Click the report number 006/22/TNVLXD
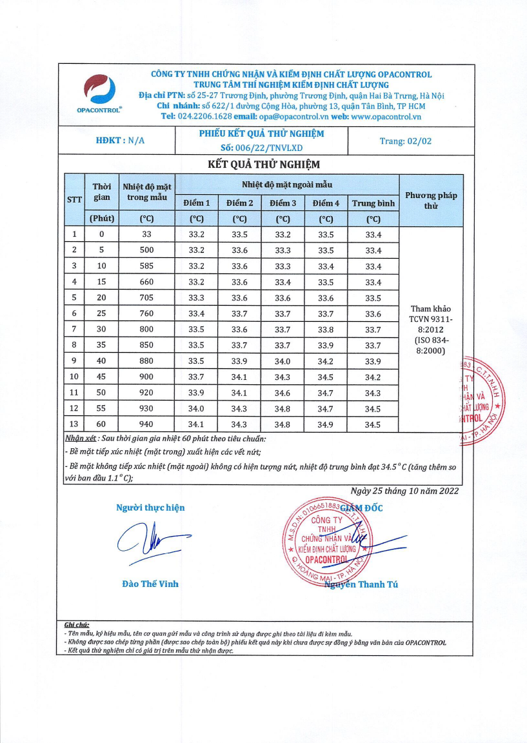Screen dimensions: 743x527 tap(261, 147)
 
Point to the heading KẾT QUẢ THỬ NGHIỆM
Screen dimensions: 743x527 tap(263, 164)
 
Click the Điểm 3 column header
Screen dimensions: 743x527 tap(283, 203)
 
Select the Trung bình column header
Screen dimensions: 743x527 tap(373, 203)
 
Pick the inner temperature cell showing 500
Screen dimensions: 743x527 tap(146, 250)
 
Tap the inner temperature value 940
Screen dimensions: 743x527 tap(146, 424)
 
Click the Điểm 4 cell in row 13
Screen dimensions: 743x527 tap(326, 424)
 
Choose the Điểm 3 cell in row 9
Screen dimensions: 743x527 tap(283, 361)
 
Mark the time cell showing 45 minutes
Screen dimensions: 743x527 tap(101, 377)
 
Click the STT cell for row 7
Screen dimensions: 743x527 tap(74, 329)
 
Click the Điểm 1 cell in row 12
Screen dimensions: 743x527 tap(196, 408)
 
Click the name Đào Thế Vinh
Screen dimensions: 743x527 tap(150, 584)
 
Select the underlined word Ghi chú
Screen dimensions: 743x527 tap(76, 625)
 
